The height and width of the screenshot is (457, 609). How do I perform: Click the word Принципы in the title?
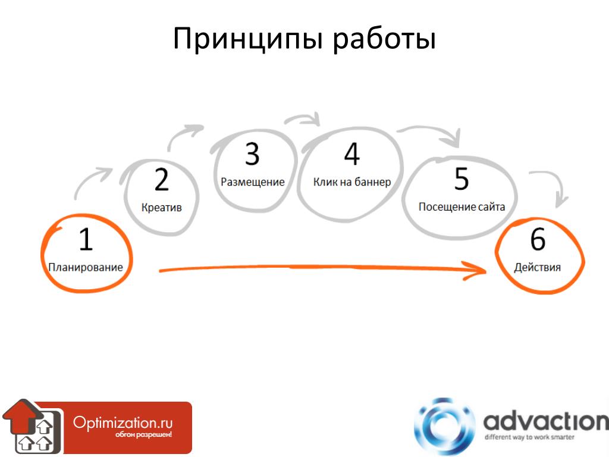click(x=248, y=39)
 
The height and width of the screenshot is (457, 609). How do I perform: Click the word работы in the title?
click(x=384, y=39)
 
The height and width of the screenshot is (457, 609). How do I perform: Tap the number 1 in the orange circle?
click(x=86, y=239)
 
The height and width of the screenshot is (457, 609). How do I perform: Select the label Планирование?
click(x=86, y=267)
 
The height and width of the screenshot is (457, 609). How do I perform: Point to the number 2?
click(x=162, y=180)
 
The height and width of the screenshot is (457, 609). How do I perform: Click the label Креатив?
click(x=162, y=208)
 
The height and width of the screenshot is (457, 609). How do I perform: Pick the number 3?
click(x=252, y=154)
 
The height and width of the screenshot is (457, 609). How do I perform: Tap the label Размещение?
click(x=252, y=182)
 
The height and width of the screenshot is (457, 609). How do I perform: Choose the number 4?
click(x=352, y=154)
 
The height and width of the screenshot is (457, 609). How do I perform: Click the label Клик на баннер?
click(x=352, y=182)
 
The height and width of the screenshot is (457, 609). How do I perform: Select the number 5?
click(x=462, y=179)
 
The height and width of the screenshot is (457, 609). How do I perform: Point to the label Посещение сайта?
click(x=462, y=206)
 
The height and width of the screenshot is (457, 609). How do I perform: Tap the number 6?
click(x=538, y=239)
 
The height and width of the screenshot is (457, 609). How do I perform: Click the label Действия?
click(x=538, y=267)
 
